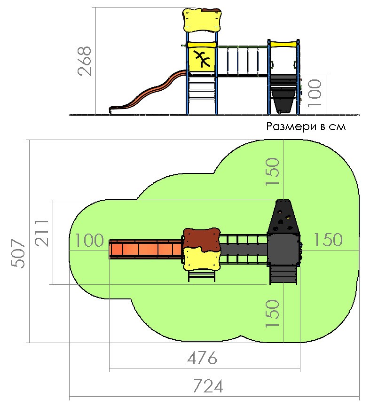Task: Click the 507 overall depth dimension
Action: (x=18, y=253)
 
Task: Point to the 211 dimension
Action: (x=42, y=232)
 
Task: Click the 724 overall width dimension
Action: (x=208, y=386)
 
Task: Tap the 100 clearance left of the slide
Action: (x=89, y=240)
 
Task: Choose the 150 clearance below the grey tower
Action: (x=273, y=313)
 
